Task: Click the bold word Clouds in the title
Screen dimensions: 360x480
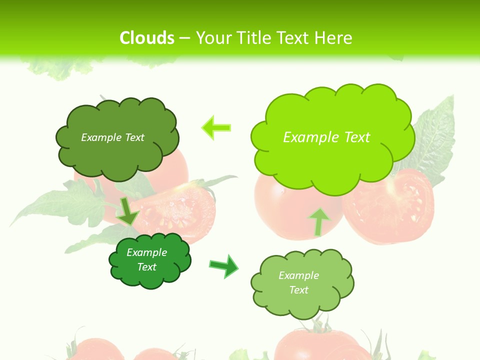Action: click(147, 38)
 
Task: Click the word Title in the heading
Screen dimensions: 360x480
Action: click(255, 38)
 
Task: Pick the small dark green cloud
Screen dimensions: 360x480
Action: click(149, 260)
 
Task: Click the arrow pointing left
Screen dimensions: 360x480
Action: click(216, 127)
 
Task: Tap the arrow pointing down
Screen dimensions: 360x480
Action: click(128, 211)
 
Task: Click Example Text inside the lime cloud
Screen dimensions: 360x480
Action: click(326, 137)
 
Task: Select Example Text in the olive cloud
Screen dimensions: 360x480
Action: click(112, 137)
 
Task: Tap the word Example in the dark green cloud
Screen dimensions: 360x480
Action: click(146, 252)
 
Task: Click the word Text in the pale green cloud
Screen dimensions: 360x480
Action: click(299, 290)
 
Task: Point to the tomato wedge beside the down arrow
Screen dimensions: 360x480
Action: click(177, 210)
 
